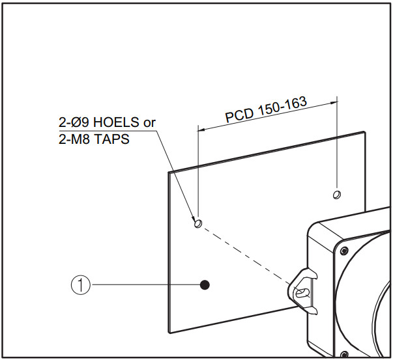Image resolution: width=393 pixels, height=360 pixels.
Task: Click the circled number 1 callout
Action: pos(80,284)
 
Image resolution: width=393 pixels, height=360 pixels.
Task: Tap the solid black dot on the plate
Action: pos(205,284)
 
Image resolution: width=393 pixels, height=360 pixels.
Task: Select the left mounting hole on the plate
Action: pos(198,223)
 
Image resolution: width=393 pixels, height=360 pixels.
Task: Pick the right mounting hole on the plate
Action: pos(336,195)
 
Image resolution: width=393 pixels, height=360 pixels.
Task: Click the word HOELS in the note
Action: pos(116,122)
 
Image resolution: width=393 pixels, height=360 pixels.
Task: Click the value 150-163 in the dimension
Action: pos(282,106)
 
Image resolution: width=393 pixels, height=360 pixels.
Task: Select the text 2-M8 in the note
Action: pos(73,139)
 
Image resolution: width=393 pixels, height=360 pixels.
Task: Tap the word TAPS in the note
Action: pos(111,139)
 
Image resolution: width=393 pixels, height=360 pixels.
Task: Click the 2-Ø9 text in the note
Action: pos(74,122)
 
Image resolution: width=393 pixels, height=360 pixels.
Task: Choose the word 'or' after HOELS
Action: pos(149,123)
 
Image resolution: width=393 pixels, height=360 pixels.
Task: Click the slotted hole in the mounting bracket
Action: pos(302,293)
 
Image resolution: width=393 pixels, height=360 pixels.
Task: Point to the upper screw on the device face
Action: pos(344,250)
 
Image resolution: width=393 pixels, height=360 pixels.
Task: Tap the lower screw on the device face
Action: pos(344,355)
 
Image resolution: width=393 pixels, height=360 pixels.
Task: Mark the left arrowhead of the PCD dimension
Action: pos(202,129)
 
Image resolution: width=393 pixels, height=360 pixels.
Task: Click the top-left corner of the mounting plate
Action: pos(168,173)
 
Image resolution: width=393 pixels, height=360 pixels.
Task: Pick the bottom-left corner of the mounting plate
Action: pos(168,333)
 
